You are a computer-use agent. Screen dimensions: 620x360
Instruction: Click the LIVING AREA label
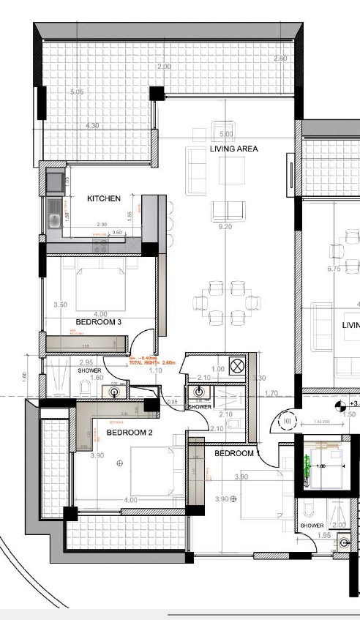234,149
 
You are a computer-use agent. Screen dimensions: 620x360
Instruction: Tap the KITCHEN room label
104,198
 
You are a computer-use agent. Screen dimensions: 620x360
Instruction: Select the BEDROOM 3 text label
98,321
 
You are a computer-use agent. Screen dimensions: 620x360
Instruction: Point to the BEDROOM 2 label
130,433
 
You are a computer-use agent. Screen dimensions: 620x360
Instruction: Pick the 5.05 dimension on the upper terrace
78,93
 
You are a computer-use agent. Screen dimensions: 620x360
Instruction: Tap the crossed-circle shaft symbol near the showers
237,365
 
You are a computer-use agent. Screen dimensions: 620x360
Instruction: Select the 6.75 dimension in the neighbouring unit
335,269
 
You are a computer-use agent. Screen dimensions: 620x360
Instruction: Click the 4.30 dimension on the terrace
92,126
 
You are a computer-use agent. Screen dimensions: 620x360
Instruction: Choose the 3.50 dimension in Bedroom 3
61,305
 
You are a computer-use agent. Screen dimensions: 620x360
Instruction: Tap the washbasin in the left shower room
116,392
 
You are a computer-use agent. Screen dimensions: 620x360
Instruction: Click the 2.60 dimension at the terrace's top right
280,58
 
